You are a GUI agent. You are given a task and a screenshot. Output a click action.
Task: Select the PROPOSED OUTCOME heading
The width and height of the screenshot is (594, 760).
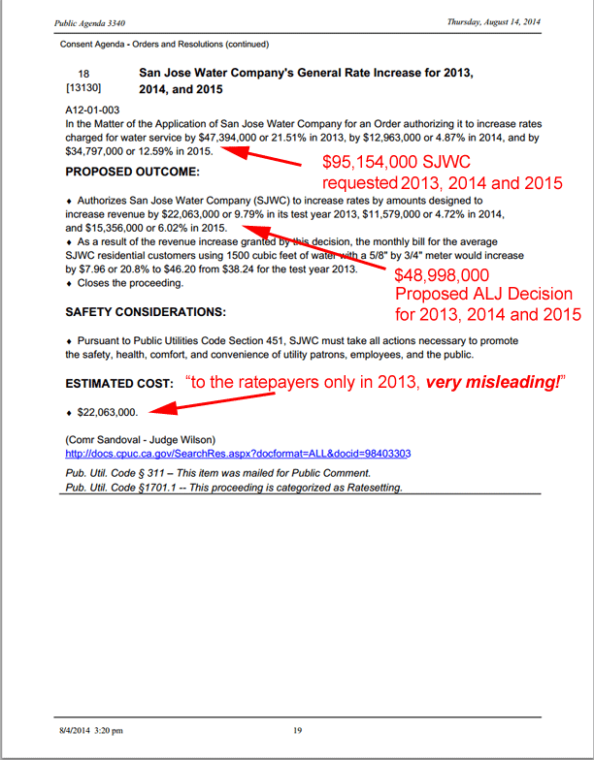point(132,172)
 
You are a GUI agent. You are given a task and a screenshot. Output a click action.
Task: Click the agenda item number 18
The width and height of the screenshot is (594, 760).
point(83,74)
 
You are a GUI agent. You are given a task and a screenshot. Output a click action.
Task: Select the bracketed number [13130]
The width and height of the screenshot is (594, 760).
point(83,89)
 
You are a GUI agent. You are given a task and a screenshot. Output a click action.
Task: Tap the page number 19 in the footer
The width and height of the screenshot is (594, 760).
point(299,730)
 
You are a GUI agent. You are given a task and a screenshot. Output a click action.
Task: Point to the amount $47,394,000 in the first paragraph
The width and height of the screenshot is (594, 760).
point(231,137)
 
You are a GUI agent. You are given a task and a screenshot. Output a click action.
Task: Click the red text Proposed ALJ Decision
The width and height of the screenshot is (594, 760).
point(483,295)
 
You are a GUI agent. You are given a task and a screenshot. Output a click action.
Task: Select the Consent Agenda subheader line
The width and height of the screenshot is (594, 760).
point(164,44)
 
